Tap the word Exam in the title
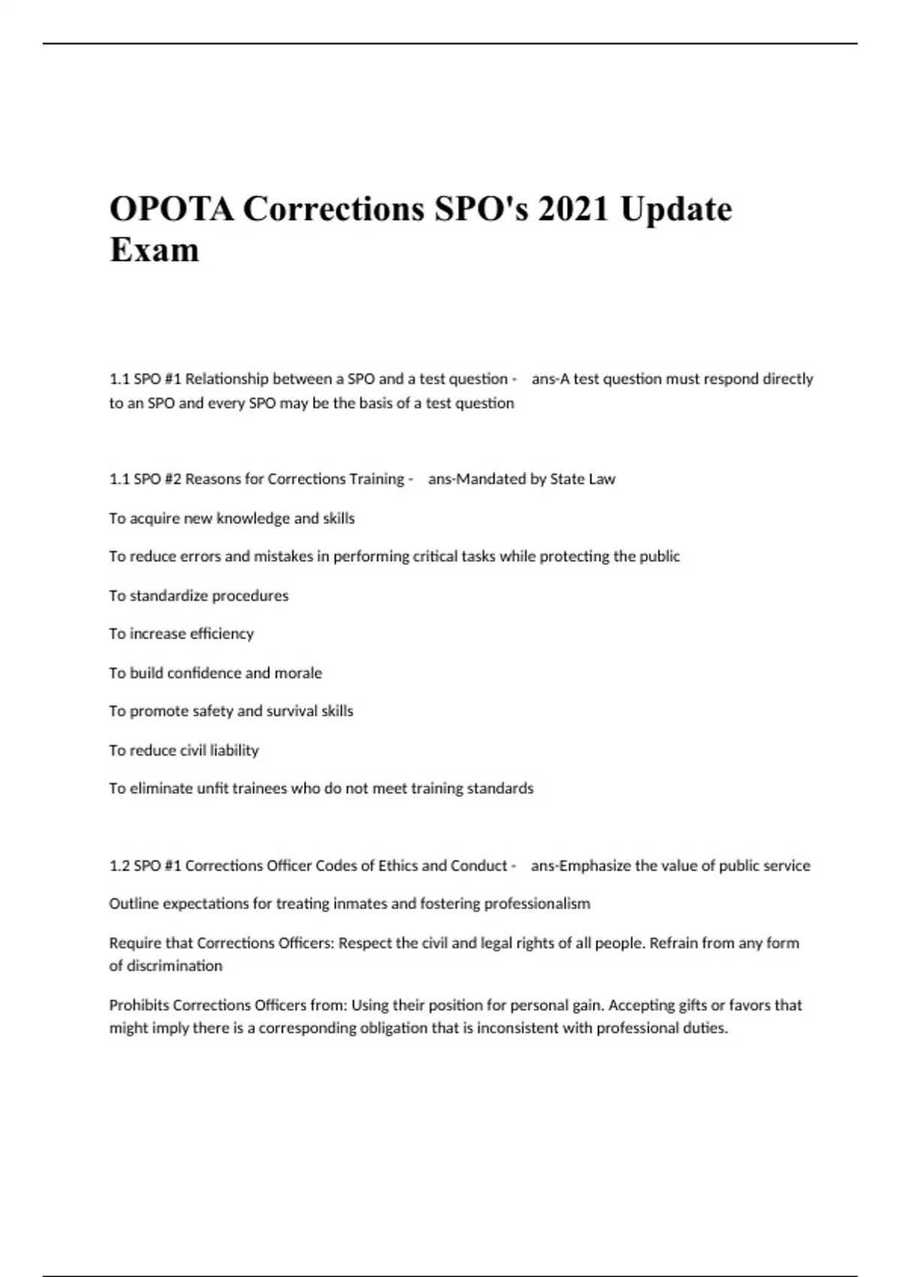(155, 250)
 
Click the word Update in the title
(676, 209)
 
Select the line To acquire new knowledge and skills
(231, 518)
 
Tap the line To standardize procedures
(198, 596)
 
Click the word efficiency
(222, 634)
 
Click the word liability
(234, 750)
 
